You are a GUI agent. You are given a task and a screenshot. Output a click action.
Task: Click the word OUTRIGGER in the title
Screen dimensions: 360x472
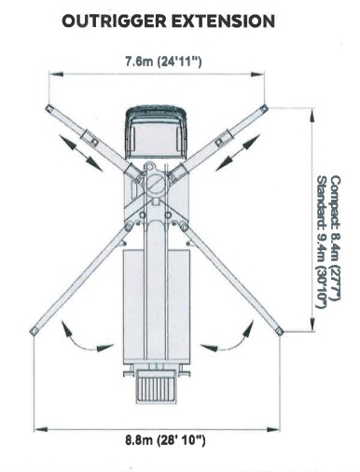[115, 21]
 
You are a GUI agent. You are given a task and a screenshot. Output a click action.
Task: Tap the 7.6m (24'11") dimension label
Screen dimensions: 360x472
[163, 62]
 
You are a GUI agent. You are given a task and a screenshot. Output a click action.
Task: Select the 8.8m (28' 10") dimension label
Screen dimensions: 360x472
[165, 440]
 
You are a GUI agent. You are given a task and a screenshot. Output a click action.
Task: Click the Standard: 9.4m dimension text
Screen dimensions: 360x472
[322, 242]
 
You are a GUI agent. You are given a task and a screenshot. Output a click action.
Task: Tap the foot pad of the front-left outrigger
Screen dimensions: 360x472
[49, 108]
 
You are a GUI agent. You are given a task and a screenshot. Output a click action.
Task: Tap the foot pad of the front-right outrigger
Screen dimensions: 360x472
[264, 108]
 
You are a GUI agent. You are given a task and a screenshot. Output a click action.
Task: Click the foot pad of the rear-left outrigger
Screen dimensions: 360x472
[34, 331]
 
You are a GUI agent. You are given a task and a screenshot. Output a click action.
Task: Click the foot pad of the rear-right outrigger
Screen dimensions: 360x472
[280, 332]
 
